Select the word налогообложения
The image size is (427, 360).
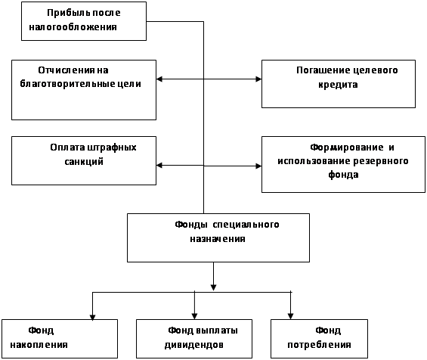click(x=73, y=27)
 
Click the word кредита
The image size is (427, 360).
click(x=338, y=85)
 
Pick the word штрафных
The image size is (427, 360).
click(x=112, y=148)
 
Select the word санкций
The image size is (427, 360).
click(x=84, y=162)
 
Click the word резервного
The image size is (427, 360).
click(x=381, y=161)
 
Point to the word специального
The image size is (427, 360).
click(x=246, y=225)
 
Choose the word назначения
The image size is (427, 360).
click(x=218, y=239)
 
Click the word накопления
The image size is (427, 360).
click(x=39, y=345)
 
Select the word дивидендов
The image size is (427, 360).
click(x=194, y=345)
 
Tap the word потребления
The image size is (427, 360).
click(x=319, y=345)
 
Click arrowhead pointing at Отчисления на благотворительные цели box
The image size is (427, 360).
click(x=159, y=79)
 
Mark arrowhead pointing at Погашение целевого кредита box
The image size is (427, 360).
click(x=258, y=79)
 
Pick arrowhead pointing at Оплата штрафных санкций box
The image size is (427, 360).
click(x=159, y=165)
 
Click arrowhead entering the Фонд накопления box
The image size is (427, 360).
click(x=93, y=317)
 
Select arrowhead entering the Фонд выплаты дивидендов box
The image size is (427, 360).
click(x=194, y=316)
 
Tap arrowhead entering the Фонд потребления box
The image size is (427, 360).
click(x=290, y=316)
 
